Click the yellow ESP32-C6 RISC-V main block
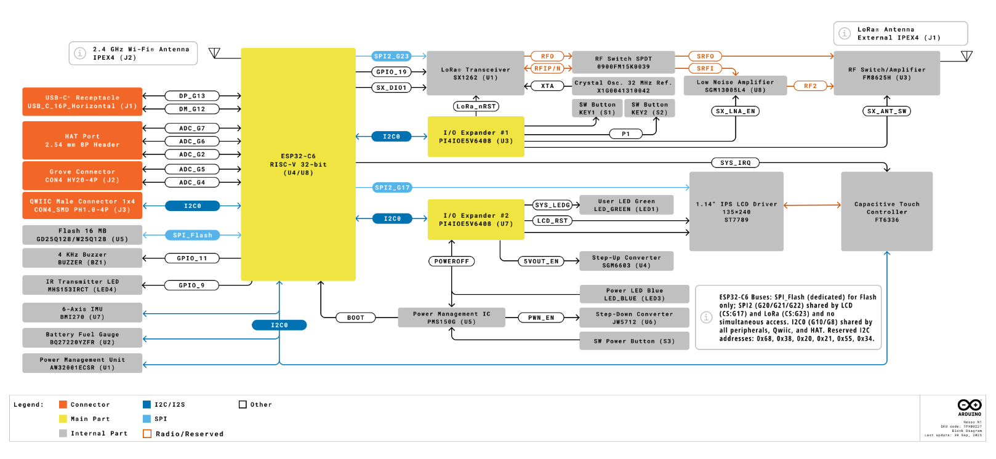298,164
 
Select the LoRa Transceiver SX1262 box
475,73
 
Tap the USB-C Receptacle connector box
82,102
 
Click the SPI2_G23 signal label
392,56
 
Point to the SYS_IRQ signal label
735,163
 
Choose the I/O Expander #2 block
475,220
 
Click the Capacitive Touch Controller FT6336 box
886,212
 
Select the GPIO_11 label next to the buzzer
192,258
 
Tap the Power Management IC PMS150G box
451,317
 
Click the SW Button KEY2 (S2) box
649,108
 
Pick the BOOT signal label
355,318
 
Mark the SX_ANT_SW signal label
886,111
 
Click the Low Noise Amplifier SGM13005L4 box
735,86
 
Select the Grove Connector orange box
82,176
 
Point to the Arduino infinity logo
969,405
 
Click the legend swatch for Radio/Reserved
147,434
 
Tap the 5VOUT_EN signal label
541,261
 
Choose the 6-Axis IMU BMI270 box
82,313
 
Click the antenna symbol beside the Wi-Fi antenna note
214,53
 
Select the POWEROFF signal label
451,261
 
